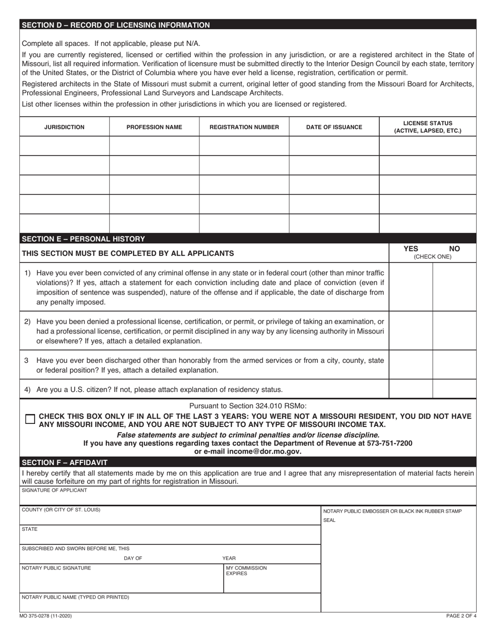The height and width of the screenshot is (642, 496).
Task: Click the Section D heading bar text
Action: click(x=115, y=25)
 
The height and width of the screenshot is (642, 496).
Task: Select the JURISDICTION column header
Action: click(x=64, y=127)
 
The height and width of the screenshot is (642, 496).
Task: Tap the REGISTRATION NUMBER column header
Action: click(x=244, y=127)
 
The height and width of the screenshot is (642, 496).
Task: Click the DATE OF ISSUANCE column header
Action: click(x=334, y=127)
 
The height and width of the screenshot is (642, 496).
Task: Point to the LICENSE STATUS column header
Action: click(x=428, y=127)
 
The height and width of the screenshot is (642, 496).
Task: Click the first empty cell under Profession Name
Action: click(x=154, y=146)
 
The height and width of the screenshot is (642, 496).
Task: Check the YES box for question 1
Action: click(x=411, y=287)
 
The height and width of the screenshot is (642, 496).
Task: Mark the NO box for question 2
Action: click(x=454, y=330)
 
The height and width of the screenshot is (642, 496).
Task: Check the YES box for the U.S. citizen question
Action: click(x=411, y=389)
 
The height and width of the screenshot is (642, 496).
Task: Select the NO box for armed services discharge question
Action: click(x=454, y=365)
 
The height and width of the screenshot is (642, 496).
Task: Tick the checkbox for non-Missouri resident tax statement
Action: click(x=30, y=419)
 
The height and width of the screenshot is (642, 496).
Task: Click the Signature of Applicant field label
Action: click(x=54, y=490)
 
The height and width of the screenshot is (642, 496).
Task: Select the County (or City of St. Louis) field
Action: click(x=170, y=515)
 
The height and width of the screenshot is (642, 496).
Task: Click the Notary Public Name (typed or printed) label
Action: click(x=75, y=597)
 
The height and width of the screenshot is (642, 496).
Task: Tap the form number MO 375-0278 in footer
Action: click(x=46, y=616)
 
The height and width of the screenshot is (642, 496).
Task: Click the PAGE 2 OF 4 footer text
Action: click(x=461, y=616)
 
